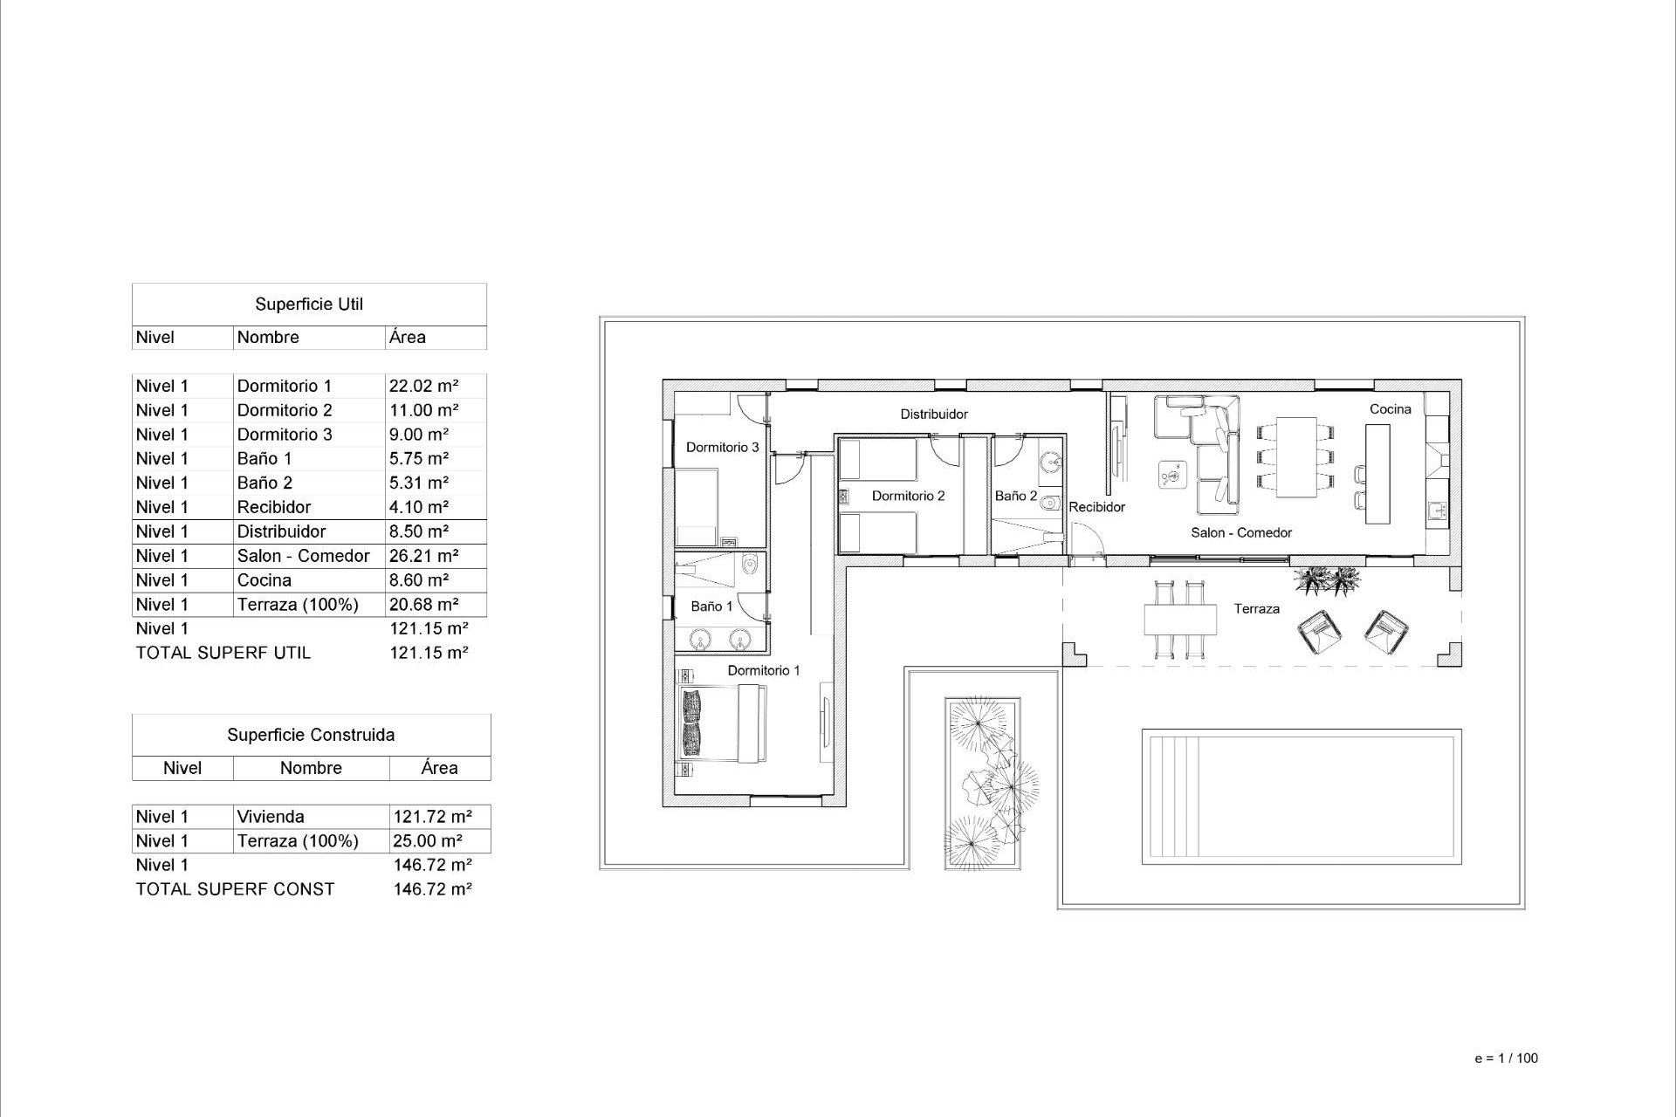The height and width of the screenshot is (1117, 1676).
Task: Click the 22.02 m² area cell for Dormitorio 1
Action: [x=424, y=386]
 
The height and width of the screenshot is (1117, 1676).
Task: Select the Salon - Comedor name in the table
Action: [x=303, y=556]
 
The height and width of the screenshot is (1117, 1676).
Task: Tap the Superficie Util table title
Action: [x=309, y=305]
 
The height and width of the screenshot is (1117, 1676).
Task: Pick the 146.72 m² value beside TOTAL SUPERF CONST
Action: [x=433, y=889]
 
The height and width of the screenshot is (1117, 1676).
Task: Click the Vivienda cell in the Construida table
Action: [x=271, y=817]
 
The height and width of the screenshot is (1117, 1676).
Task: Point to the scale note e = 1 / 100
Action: [x=1506, y=1059]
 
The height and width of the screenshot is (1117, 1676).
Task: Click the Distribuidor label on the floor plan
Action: [x=933, y=415]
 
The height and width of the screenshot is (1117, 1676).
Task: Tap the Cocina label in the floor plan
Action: [x=1390, y=409]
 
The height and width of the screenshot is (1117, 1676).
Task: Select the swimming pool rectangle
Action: [x=1301, y=796]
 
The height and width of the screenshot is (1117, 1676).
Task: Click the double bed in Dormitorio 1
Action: [x=723, y=723]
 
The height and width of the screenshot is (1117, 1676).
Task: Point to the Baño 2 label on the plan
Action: [x=1015, y=496]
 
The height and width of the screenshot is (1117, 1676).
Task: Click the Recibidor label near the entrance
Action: [x=1096, y=507]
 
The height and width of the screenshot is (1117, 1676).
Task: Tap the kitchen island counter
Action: [x=1377, y=473]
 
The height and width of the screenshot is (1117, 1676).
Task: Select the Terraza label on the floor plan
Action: [x=1256, y=609]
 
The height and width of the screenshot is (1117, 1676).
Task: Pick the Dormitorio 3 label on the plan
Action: [x=722, y=448]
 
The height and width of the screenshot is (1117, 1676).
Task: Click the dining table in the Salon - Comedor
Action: [x=1296, y=456]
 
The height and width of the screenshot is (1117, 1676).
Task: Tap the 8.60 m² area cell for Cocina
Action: [x=419, y=580]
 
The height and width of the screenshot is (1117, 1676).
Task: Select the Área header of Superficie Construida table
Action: [x=439, y=768]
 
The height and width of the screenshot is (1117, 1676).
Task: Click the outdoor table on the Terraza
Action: [x=1180, y=620]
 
